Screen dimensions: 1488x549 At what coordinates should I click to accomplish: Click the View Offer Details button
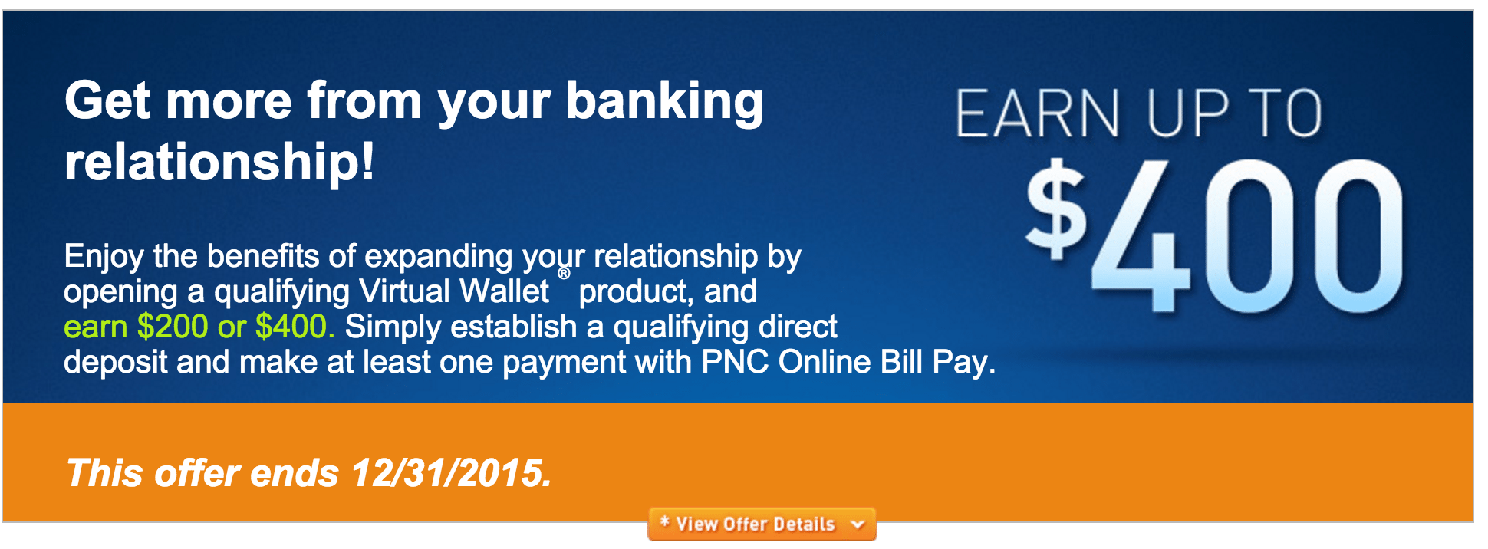[x=762, y=524]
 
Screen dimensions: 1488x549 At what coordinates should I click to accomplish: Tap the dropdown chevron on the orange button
[x=858, y=525]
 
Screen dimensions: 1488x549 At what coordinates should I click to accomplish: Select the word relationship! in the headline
[x=219, y=162]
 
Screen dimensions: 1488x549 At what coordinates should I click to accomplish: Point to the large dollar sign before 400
[x=1057, y=208]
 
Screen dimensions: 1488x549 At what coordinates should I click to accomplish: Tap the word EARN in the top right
[x=1037, y=113]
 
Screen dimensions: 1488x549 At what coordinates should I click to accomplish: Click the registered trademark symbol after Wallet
[x=564, y=274]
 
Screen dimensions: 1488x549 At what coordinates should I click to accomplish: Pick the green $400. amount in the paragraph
[x=295, y=327]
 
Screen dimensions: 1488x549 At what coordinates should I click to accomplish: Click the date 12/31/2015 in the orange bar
[x=451, y=473]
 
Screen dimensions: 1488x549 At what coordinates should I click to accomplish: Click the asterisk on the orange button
[x=665, y=522]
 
